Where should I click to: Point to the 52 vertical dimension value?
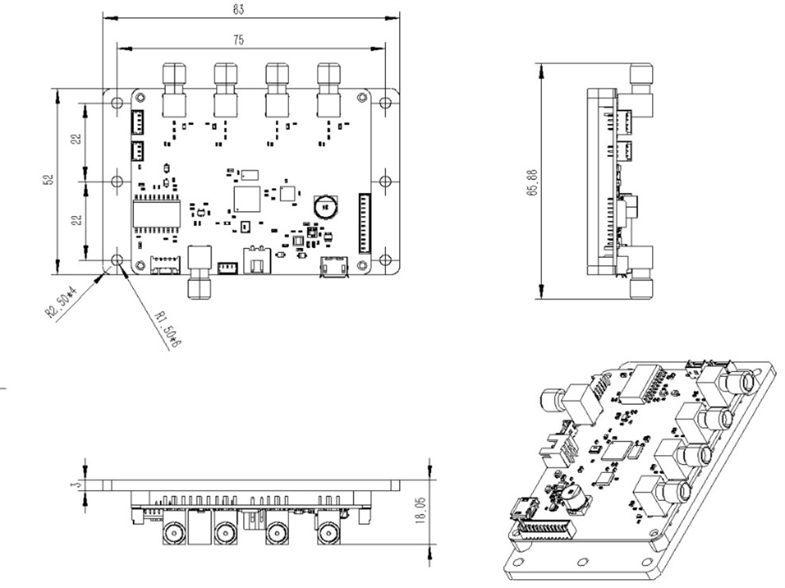click(x=48, y=180)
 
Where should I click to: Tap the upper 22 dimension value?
click(x=76, y=139)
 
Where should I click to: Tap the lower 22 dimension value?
click(x=76, y=220)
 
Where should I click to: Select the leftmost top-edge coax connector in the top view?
click(x=173, y=91)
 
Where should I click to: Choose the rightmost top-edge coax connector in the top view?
click(x=329, y=91)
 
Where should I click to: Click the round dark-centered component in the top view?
click(x=326, y=206)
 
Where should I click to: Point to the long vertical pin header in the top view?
click(x=363, y=223)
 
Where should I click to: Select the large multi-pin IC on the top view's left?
click(x=157, y=213)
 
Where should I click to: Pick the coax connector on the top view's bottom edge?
click(x=199, y=273)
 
